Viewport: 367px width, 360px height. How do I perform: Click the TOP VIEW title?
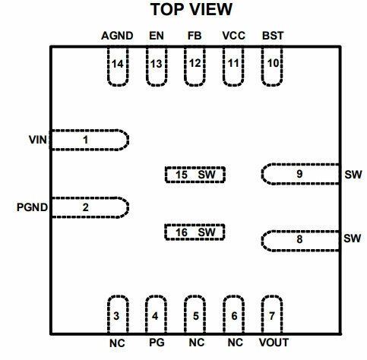[x=191, y=9]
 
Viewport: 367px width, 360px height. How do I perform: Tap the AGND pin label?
[x=117, y=36]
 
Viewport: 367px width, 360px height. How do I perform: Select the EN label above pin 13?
[x=157, y=36]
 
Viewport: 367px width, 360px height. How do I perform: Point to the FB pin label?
[x=195, y=36]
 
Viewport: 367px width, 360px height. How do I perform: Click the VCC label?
[x=233, y=36]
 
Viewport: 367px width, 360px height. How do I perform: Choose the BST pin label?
[x=273, y=36]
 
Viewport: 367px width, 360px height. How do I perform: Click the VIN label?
[x=38, y=140]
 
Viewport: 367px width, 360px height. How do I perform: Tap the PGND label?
[x=32, y=207]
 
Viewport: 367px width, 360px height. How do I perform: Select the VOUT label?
[x=274, y=343]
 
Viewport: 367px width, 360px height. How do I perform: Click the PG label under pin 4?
[x=157, y=343]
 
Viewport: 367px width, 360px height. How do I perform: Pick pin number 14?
[x=118, y=64]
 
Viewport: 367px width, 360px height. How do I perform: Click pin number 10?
[x=273, y=63]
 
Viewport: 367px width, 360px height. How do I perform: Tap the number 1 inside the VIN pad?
[x=86, y=140]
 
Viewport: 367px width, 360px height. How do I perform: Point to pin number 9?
[x=299, y=174]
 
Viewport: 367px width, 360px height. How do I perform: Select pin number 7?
[x=272, y=316]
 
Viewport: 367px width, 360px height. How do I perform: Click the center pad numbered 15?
[x=195, y=175]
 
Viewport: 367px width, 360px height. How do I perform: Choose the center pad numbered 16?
[x=195, y=232]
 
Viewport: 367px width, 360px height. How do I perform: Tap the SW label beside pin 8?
[x=352, y=238]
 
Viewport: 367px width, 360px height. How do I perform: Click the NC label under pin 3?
[x=117, y=343]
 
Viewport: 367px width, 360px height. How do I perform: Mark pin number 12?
[x=195, y=63]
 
